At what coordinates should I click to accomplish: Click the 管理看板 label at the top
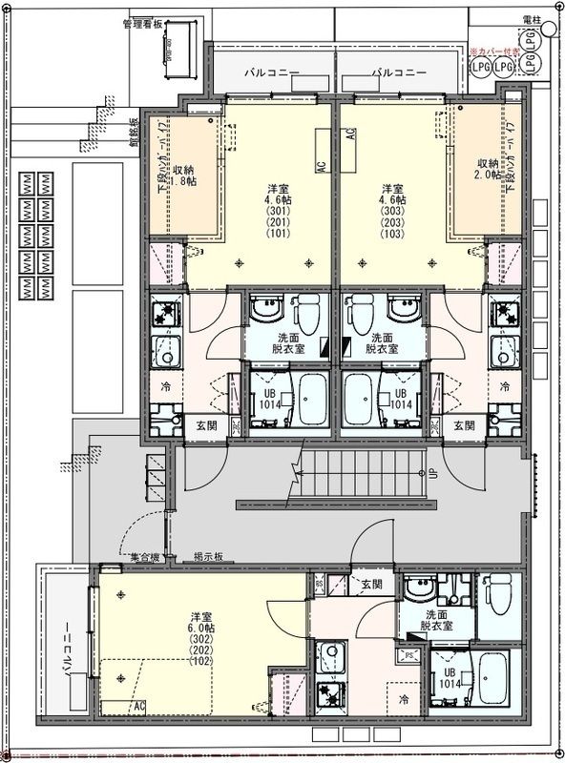pos(142,25)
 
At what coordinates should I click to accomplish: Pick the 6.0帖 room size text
pos(201,628)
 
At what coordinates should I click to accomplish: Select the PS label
pos(408,656)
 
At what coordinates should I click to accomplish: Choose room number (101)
pos(277,234)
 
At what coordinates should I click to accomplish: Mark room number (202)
pos(201,650)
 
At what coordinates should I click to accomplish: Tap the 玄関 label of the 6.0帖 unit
pos(370,584)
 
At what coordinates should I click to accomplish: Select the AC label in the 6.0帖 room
pos(139,706)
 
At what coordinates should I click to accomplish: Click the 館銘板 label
pos(134,133)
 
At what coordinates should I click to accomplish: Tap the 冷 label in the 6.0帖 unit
pos(405,700)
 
